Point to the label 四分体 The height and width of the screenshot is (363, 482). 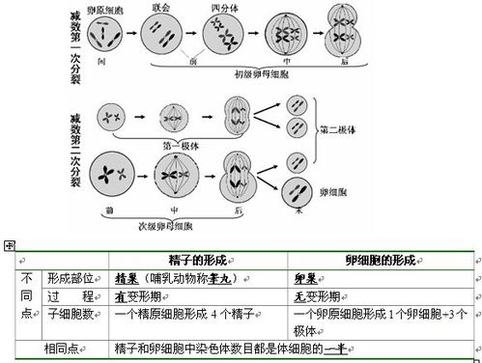(x=223, y=8)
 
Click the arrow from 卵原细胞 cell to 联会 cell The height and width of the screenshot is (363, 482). (x=130, y=37)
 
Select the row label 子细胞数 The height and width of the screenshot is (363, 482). (x=68, y=314)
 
